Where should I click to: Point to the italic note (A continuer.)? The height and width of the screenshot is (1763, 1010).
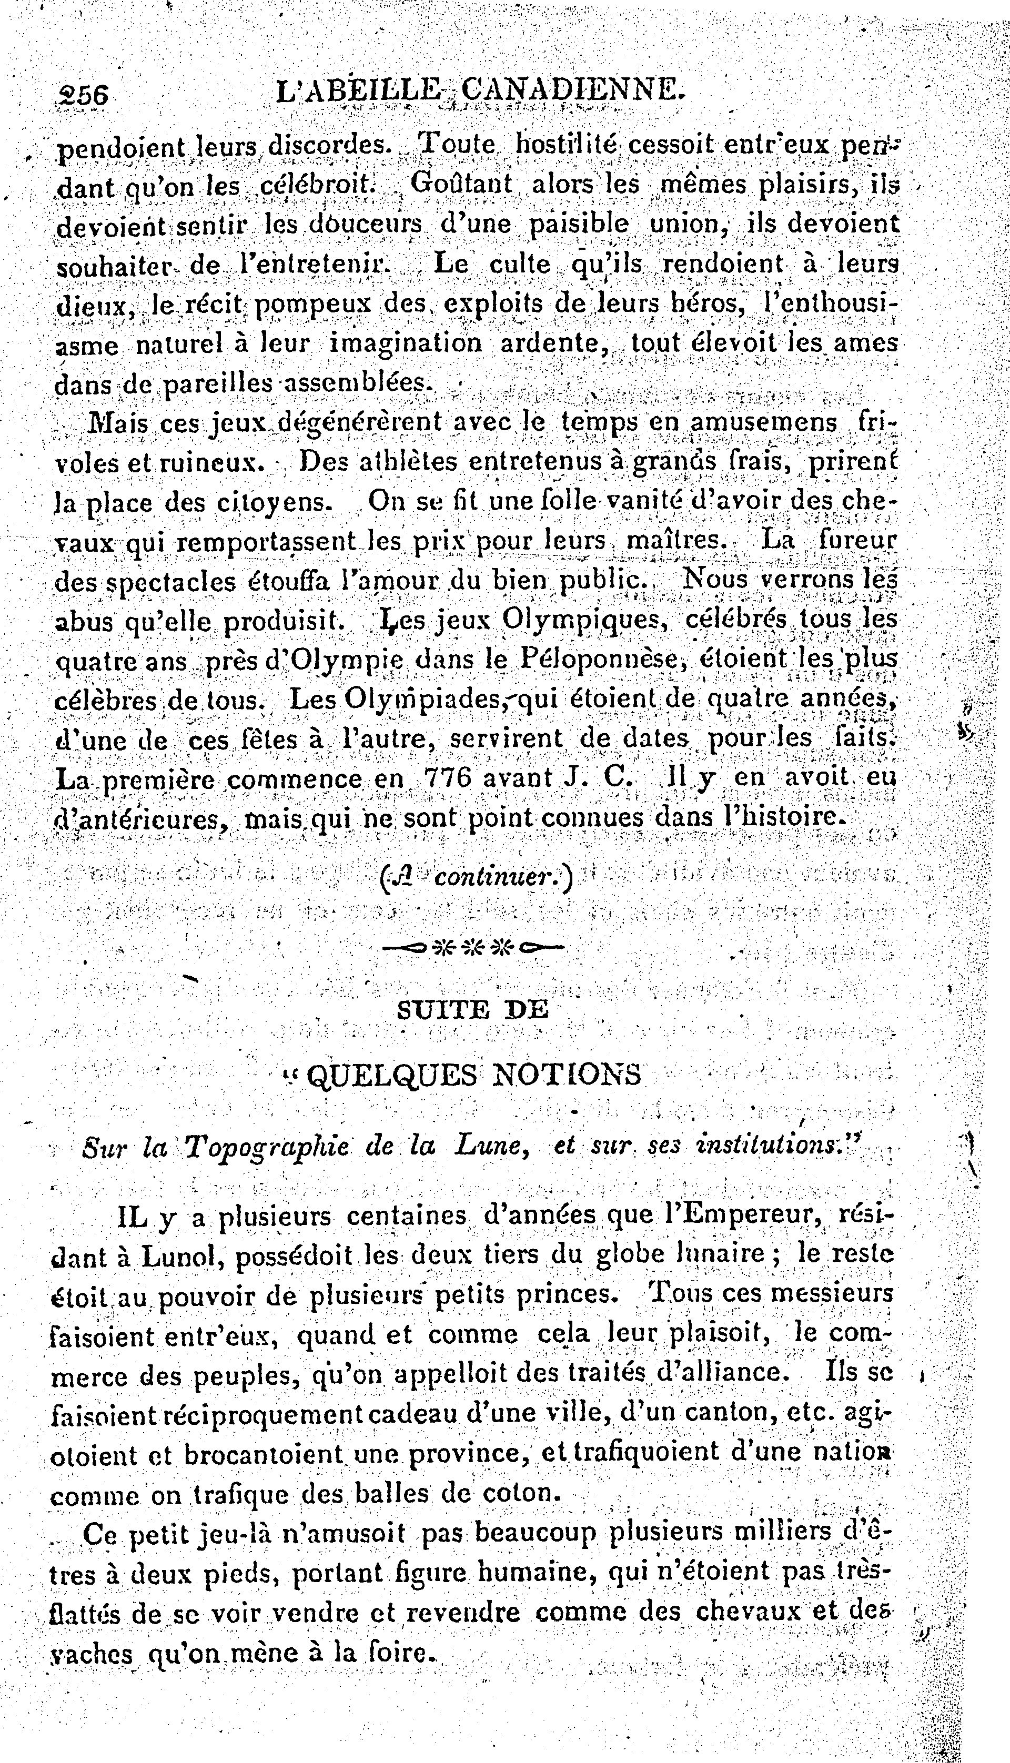pyautogui.click(x=477, y=879)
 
